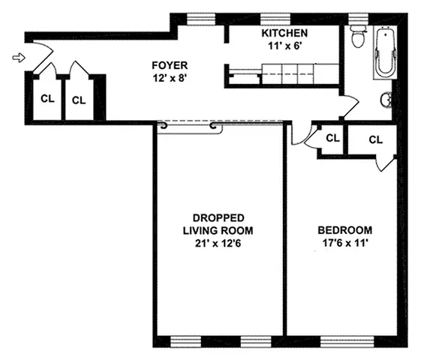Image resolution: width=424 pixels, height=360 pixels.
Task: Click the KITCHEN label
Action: [x=284, y=34]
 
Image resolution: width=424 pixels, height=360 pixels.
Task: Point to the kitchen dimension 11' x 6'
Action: [x=284, y=46]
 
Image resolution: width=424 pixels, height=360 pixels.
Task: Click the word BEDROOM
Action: [x=344, y=230]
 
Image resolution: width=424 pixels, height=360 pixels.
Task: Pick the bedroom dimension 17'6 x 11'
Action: [x=344, y=243]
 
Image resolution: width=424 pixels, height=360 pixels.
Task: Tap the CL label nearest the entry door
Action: [x=46, y=97]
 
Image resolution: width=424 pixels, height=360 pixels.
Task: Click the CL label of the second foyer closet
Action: [x=77, y=98]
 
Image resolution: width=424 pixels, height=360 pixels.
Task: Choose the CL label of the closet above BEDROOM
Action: [x=376, y=139]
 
